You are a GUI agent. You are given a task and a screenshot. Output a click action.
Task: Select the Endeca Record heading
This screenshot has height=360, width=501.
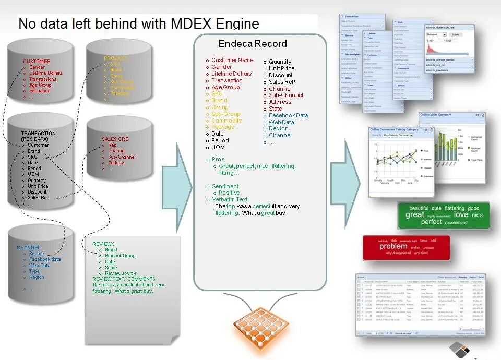click(x=253, y=44)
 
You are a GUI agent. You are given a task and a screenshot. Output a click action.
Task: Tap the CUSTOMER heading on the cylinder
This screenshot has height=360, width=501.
click(x=37, y=62)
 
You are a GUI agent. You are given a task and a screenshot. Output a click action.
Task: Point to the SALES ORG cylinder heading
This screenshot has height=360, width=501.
click(x=115, y=139)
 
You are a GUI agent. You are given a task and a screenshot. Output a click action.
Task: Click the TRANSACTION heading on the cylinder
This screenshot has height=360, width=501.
click(x=38, y=134)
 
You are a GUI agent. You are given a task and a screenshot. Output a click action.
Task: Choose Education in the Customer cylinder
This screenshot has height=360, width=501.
click(x=40, y=91)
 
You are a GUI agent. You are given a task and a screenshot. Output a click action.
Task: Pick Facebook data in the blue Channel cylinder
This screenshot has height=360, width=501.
click(x=45, y=259)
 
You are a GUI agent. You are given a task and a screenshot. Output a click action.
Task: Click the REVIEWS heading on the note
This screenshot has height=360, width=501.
click(x=103, y=244)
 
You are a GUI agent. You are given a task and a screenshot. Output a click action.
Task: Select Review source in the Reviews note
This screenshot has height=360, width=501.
click(x=121, y=273)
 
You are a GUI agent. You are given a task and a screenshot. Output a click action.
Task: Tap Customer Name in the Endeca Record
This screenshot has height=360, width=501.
click(x=232, y=60)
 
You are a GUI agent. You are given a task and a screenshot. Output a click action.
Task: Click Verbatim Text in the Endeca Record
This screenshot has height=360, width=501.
click(x=230, y=199)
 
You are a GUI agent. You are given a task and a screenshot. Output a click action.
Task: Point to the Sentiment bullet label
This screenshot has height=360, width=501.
click(x=225, y=186)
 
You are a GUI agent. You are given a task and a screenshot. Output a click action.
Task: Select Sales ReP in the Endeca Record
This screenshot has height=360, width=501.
click(x=282, y=82)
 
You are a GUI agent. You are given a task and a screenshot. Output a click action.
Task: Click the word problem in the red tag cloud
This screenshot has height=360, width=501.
click(x=393, y=246)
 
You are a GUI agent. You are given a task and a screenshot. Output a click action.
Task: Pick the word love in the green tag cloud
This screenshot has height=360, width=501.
click(x=461, y=214)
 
